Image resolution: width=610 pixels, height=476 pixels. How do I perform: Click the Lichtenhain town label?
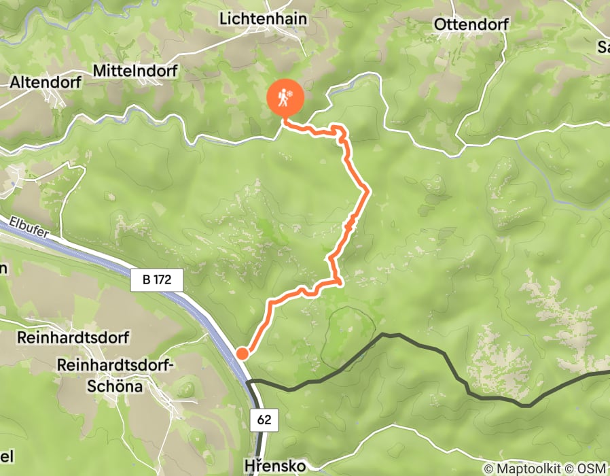pyautogui.click(x=263, y=20)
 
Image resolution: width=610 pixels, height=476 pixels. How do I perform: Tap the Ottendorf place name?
pyautogui.click(x=471, y=24)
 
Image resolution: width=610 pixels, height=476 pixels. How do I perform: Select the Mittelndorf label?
pyautogui.click(x=135, y=71)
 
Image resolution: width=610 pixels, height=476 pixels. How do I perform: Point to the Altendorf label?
pyautogui.click(x=46, y=82)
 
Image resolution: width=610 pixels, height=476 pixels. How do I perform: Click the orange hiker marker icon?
pyautogui.click(x=285, y=99)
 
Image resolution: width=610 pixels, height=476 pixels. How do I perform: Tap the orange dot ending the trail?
pyautogui.click(x=243, y=352)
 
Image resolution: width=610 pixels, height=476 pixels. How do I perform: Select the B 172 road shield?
pyautogui.click(x=156, y=279)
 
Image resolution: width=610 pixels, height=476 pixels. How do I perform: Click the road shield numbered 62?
pyautogui.click(x=264, y=420)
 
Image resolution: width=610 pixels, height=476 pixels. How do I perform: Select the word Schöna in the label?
pyautogui.click(x=115, y=386)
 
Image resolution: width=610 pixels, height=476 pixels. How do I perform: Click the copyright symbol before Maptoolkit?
pyautogui.click(x=488, y=469)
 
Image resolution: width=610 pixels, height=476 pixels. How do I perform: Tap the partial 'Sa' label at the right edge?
pyautogui.click(x=603, y=46)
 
